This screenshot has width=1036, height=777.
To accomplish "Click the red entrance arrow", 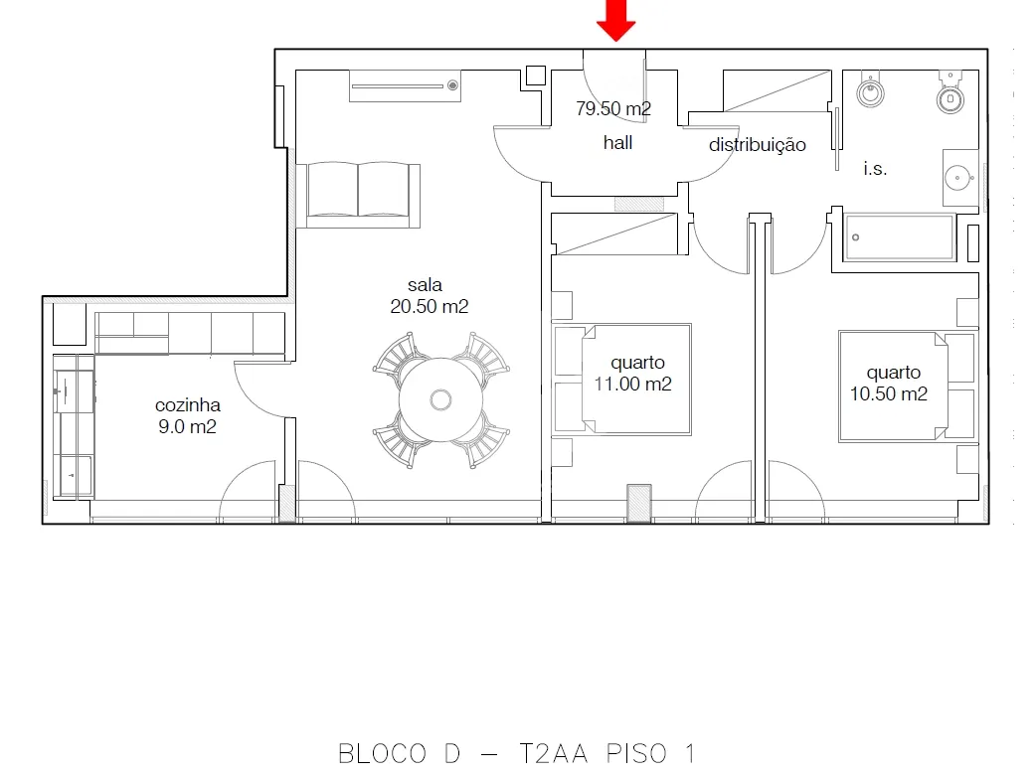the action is [x=615, y=20].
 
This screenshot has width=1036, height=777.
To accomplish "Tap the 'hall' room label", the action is [x=617, y=143].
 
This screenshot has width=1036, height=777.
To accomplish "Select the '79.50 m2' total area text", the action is [x=613, y=108].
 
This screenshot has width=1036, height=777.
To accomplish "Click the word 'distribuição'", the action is [x=758, y=145].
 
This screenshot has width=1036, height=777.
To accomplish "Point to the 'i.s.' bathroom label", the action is [x=875, y=168].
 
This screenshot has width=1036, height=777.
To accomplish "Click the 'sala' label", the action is [x=425, y=285].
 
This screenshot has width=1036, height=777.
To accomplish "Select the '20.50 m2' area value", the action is [x=430, y=306].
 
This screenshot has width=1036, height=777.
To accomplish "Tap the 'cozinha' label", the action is [x=188, y=404].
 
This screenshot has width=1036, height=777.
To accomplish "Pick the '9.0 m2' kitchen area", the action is [x=187, y=426].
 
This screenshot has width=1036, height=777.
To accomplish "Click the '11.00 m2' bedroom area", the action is [x=633, y=384].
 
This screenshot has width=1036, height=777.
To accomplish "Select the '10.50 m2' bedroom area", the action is [x=889, y=393].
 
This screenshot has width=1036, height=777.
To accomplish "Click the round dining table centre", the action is [x=440, y=399].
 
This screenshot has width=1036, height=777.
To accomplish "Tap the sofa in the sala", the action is [x=359, y=195].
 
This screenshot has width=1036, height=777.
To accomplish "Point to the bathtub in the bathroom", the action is [x=900, y=237].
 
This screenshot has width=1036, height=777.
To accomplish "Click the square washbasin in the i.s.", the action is [x=960, y=178].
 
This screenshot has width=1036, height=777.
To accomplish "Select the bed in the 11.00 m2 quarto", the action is [x=623, y=379].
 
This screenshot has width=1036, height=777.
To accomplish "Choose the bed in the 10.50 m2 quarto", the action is [x=907, y=387].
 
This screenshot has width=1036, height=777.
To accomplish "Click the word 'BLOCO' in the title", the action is [x=383, y=754].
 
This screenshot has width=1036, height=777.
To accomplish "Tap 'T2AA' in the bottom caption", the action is [x=553, y=753].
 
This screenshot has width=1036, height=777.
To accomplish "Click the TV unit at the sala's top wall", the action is [x=405, y=85].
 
